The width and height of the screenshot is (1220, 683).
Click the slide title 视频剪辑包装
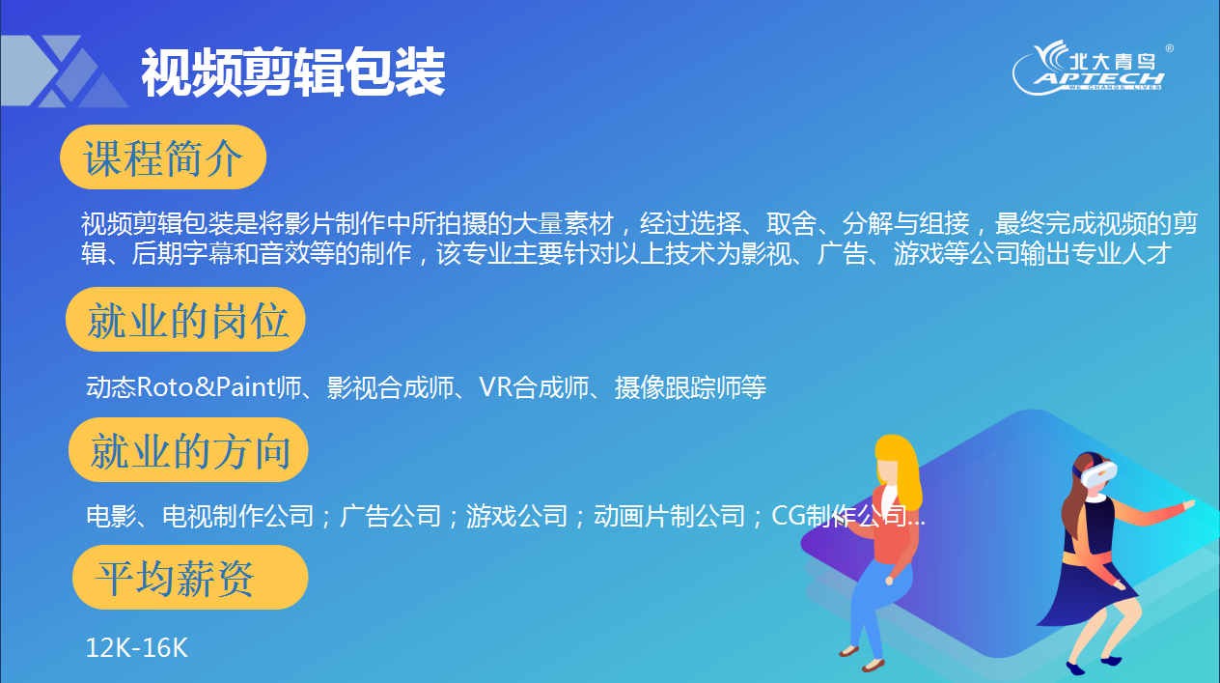[293, 71]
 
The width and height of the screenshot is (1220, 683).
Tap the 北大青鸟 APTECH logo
[1091, 69]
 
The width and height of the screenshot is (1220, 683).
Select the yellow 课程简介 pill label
[163, 157]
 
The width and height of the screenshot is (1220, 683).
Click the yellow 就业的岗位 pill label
[185, 320]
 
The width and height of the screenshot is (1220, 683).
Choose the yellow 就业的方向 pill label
[188, 450]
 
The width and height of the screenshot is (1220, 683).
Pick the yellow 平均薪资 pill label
[190, 578]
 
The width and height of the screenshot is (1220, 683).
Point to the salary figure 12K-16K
[137, 648]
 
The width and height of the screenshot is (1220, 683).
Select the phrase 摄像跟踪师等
[690, 387]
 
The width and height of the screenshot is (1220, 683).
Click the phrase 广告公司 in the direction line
[390, 516]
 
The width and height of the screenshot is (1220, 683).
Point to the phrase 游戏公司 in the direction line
[517, 516]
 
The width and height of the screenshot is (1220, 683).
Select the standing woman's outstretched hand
[1189, 504]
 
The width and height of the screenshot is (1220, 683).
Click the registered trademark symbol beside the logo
[1170, 48]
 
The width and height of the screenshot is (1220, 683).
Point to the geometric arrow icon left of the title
[65, 71]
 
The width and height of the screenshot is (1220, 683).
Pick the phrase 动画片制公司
[670, 516]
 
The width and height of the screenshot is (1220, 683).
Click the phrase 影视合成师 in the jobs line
[390, 387]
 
